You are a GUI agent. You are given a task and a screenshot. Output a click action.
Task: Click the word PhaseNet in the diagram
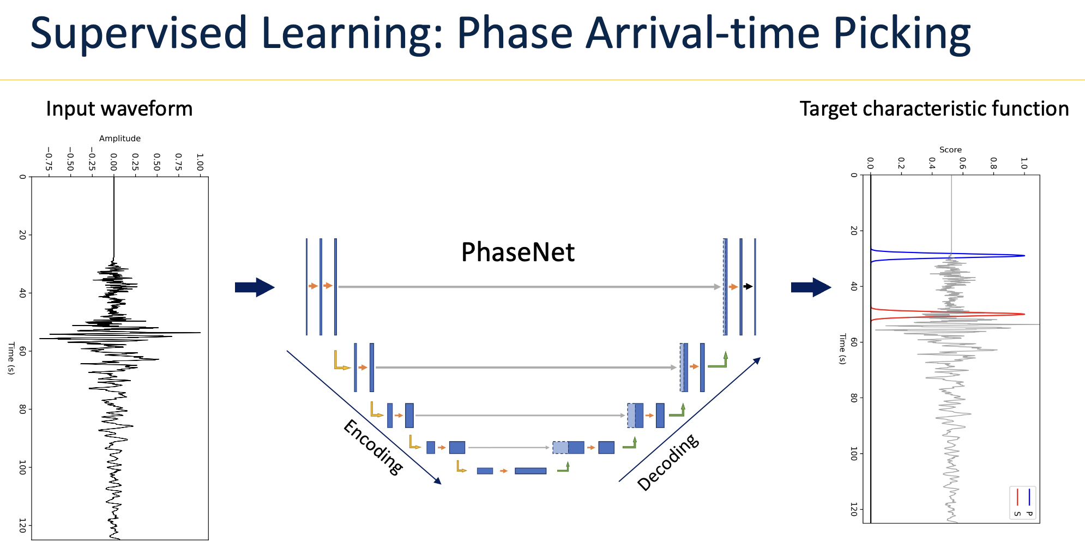pos(517,252)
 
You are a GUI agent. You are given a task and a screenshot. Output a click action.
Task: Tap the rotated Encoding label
pos(373,447)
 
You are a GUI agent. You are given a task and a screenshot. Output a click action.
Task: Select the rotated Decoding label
pos(668,462)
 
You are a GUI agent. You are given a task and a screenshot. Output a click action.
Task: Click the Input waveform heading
pos(119,109)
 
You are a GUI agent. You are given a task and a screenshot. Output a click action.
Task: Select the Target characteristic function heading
pos(934,109)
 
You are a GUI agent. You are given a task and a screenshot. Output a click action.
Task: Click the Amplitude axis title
pos(120,138)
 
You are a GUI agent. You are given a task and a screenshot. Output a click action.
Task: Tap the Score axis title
pos(950,149)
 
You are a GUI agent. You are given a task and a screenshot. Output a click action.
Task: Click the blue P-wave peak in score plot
pos(1023,256)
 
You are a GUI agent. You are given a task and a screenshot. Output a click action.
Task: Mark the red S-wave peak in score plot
pos(1023,314)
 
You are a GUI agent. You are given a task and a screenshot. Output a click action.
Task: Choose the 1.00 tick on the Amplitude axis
pos(200,162)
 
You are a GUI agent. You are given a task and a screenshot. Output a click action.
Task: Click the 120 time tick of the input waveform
pos(22,526)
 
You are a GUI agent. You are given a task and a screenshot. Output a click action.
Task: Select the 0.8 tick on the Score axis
pos(993,164)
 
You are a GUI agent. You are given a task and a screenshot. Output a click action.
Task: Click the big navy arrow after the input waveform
pos(255,287)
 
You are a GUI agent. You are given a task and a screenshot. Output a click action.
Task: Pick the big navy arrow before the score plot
pos(811,287)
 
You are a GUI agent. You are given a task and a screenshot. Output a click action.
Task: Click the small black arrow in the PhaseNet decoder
pos(748,286)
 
